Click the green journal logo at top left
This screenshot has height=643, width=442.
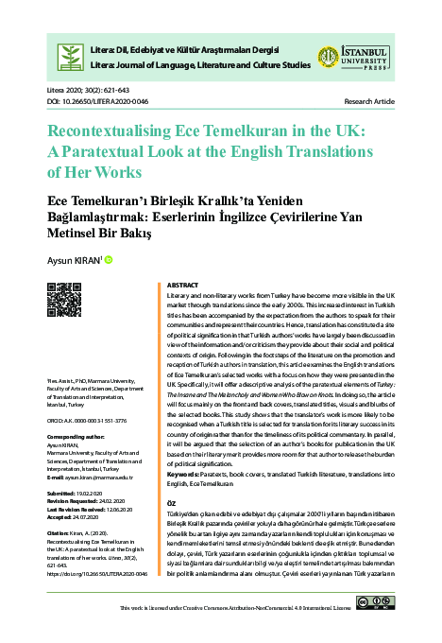tap(70, 54)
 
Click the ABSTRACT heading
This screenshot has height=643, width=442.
tap(182, 285)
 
